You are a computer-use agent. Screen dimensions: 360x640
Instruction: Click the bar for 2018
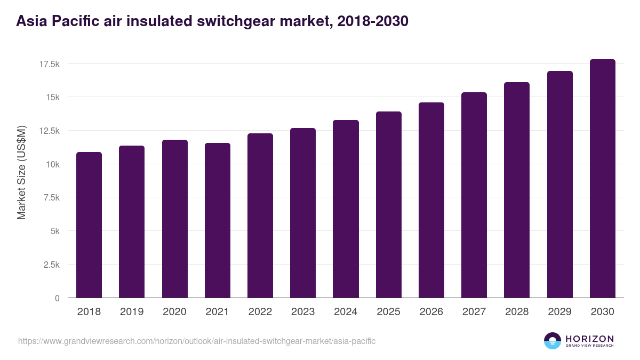point(89,225)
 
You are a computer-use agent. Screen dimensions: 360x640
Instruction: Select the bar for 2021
point(217,220)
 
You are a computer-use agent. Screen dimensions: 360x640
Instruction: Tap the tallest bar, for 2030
point(602,178)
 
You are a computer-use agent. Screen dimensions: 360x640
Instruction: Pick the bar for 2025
point(388,204)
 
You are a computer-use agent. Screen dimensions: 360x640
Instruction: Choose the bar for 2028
point(517,190)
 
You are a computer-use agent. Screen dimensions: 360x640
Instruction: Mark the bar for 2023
point(303,213)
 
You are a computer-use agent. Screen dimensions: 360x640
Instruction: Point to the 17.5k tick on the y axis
point(49,64)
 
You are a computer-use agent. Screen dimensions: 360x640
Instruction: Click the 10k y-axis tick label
point(52,164)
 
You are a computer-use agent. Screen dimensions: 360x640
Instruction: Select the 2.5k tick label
point(51,265)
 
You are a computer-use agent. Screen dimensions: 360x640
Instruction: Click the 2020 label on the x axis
point(174,312)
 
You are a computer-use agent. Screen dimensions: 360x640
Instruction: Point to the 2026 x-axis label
point(431,312)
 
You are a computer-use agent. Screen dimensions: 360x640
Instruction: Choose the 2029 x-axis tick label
point(559,312)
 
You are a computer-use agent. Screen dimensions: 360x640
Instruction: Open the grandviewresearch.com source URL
point(197,341)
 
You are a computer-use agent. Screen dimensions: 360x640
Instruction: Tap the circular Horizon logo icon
point(553,341)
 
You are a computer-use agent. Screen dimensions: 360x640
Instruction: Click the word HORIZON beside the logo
point(589,339)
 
